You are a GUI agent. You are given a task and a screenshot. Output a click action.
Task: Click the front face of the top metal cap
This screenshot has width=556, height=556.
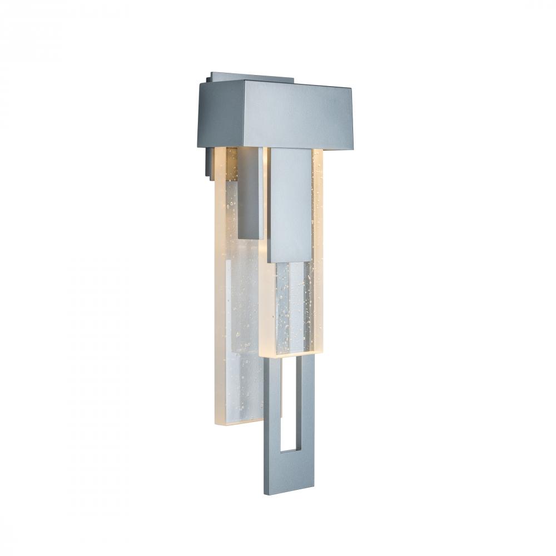pyautogui.click(x=297, y=117)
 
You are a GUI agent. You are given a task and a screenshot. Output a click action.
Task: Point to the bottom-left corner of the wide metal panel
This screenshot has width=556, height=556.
pyautogui.click(x=268, y=261)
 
